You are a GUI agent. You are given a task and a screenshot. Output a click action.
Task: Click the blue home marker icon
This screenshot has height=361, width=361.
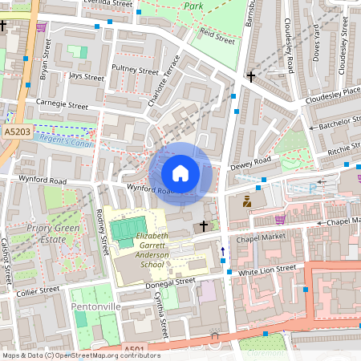(180, 172)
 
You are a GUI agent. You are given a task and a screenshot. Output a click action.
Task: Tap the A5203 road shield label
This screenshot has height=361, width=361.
(17, 130)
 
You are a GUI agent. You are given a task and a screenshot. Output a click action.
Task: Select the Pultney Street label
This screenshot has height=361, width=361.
(136, 71)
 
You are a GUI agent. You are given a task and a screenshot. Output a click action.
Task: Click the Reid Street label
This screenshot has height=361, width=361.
(217, 36)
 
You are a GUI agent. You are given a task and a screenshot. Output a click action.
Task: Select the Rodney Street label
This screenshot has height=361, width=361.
(102, 231)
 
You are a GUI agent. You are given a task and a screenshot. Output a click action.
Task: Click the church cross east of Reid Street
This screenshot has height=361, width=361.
(251, 77)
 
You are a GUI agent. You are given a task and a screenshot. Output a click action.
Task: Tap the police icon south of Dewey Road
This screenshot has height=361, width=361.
(247, 202)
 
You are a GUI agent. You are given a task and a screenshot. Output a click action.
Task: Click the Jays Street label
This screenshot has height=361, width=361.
(86, 78)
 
